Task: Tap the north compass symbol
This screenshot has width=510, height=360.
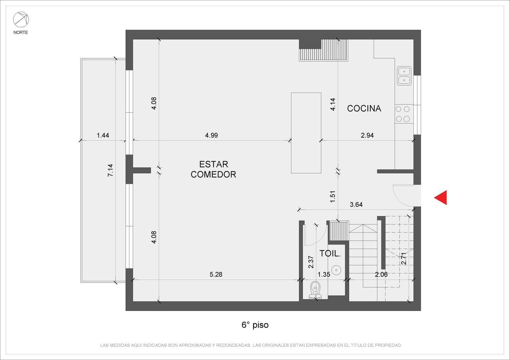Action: tap(21, 19)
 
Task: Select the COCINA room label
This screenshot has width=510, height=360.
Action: tap(364, 109)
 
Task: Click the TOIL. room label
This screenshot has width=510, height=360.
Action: tap(330, 254)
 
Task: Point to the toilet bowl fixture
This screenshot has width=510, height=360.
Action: tap(315, 290)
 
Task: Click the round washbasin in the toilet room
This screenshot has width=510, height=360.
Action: tap(336, 270)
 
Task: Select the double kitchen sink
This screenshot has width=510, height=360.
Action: tap(404, 76)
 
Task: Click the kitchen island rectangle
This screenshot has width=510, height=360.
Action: tap(306, 133)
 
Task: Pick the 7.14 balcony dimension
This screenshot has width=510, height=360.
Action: tap(110, 170)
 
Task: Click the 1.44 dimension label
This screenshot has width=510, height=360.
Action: tap(103, 135)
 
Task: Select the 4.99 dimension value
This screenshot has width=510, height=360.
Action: tap(212, 135)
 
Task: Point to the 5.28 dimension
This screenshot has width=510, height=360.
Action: tap(216, 274)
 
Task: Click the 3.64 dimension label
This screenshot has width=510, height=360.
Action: tap(356, 205)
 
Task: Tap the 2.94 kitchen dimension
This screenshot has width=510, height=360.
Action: tap(367, 135)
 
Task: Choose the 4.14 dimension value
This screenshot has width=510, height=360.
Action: tap(333, 104)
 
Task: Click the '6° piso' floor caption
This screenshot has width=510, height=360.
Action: tap(255, 325)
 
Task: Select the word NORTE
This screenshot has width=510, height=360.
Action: tap(21, 32)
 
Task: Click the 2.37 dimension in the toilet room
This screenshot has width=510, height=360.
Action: tap(311, 262)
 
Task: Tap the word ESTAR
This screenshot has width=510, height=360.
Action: tap(214, 164)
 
